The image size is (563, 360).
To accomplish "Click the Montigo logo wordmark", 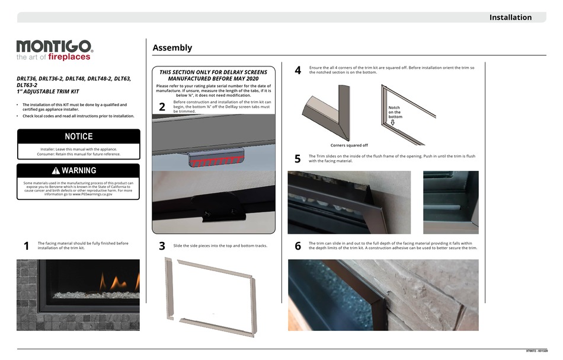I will tap(54, 47).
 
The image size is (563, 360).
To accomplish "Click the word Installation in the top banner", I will tap(510, 17).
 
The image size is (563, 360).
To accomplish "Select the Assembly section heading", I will tap(172, 48).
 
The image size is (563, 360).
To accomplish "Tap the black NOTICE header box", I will tap(78, 136).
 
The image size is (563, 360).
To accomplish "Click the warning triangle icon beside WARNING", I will tap(56, 171).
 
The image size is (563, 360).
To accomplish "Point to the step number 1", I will tap(26, 247).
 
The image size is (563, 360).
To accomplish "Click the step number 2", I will tap(162, 107).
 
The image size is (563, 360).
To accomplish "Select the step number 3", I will tap(162, 247).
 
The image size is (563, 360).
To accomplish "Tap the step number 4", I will tap(298, 71).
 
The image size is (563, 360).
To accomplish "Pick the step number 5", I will tap(298, 159).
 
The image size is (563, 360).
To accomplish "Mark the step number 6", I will tap(298, 247).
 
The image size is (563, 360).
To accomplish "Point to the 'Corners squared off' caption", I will tap(349, 145).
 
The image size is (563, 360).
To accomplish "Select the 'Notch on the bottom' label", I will tap(395, 112).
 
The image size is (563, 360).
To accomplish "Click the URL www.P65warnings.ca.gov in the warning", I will tap(92, 194).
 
